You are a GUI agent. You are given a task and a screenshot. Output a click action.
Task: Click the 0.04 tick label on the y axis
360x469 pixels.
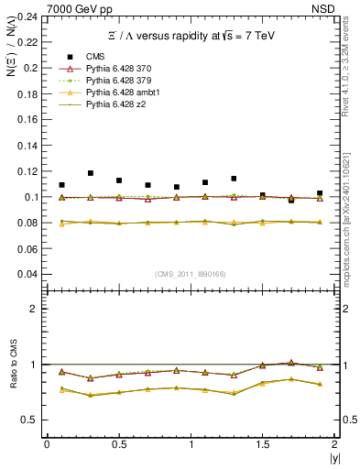click(27, 274)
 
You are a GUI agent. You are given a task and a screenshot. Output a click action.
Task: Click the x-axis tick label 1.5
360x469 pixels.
click(263, 443)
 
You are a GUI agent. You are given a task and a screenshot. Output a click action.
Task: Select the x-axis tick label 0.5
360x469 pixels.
click(118, 443)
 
